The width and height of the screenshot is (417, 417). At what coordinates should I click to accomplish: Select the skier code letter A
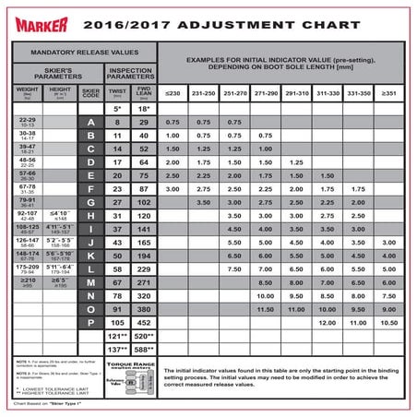pyautogui.click(x=90, y=122)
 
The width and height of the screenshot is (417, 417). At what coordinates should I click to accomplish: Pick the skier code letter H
pyautogui.click(x=90, y=215)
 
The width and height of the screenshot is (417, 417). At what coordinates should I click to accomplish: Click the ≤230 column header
pyautogui.click(x=173, y=94)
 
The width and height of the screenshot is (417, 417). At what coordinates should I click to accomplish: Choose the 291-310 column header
pyautogui.click(x=296, y=94)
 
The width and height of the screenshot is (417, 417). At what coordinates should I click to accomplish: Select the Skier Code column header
pyautogui.click(x=90, y=92)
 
